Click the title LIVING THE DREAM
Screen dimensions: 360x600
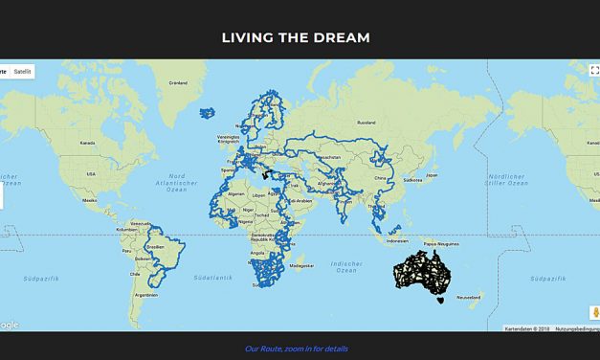point(296,38)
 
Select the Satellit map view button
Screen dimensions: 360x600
point(22,71)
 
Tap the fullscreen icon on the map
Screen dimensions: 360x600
point(593,70)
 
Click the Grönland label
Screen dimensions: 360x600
point(178,83)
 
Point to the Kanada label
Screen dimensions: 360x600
point(87,143)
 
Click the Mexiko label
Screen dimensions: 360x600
point(90,201)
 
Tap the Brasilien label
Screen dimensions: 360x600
point(155,247)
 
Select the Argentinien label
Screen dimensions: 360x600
point(146,295)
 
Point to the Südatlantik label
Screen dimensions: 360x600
point(212,278)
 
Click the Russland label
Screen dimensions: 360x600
point(366,123)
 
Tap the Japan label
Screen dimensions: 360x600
point(431,175)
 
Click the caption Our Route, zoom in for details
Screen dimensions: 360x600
point(297,349)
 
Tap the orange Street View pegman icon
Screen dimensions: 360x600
point(593,313)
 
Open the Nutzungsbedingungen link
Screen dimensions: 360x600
point(576,328)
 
